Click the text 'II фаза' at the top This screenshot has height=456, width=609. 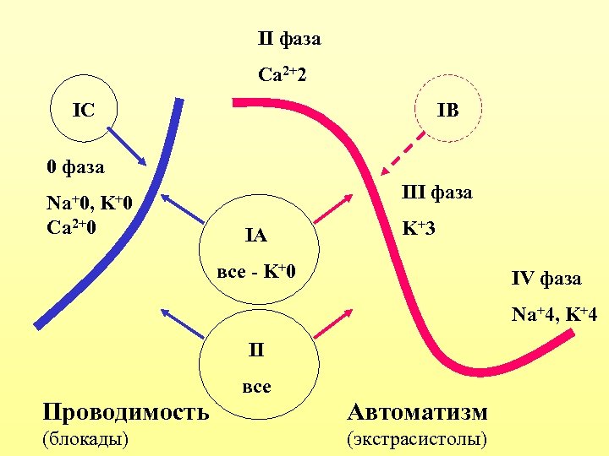[x=288, y=39]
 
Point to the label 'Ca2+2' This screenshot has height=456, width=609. [x=283, y=75]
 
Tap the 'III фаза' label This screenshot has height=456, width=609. [x=436, y=193]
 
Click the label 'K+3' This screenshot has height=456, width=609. [x=419, y=228]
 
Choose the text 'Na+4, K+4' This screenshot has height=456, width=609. [x=554, y=315]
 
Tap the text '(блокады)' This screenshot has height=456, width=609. [x=85, y=439]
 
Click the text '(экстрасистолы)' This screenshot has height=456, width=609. [x=417, y=439]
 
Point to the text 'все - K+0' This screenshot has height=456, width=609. [x=256, y=273]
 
